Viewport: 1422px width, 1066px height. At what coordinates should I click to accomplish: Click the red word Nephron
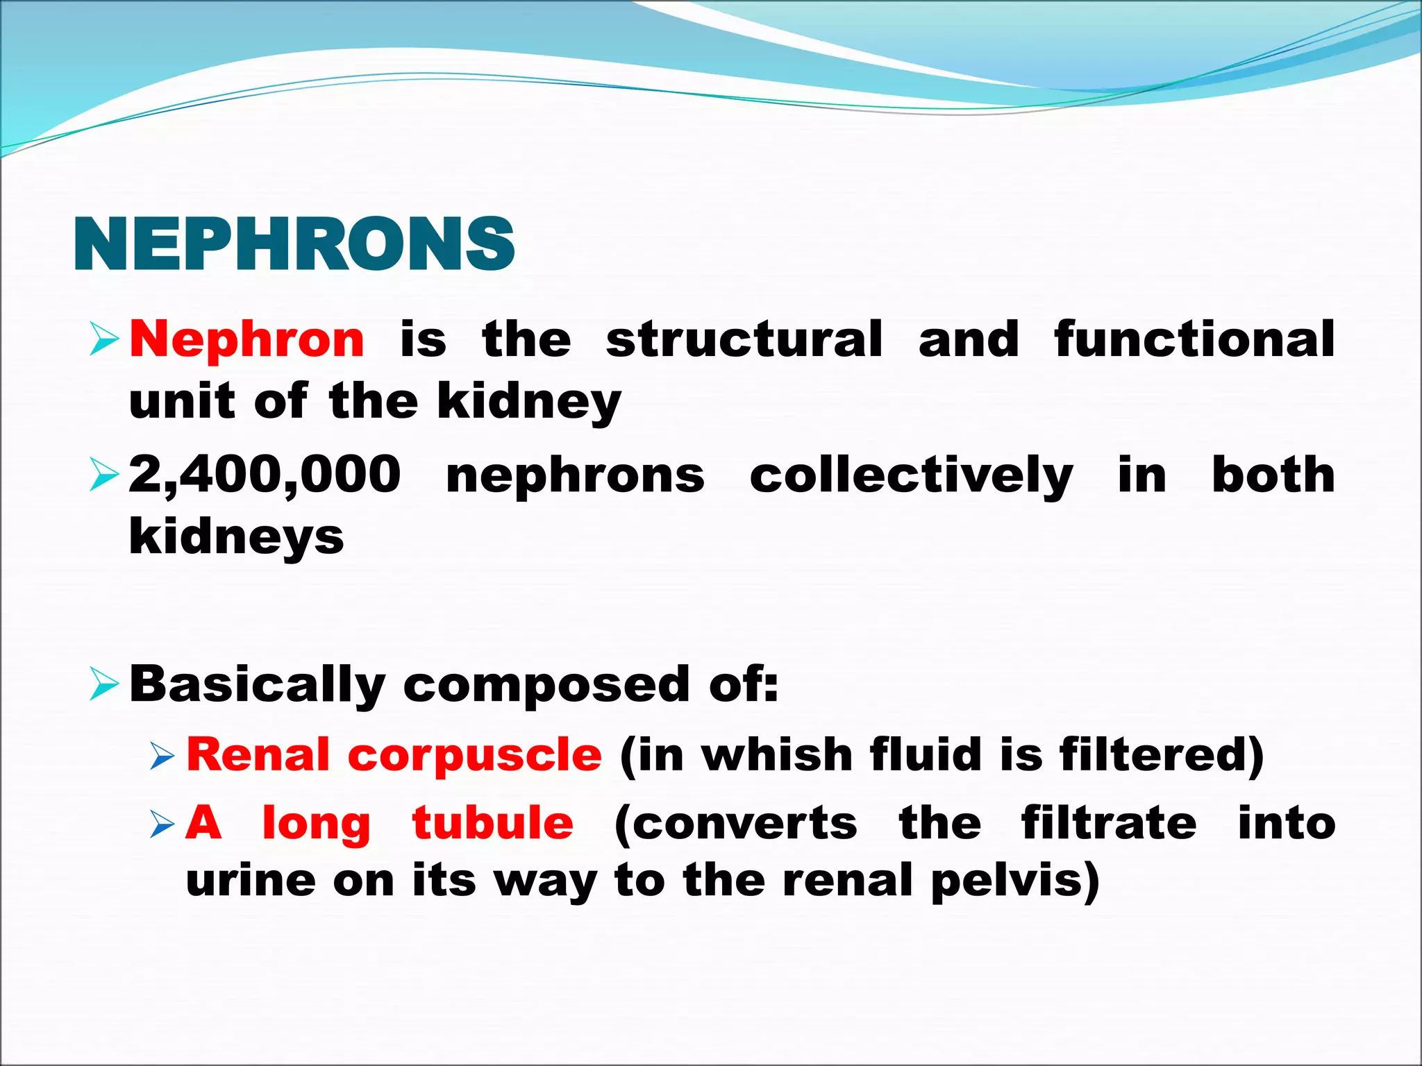coord(247,339)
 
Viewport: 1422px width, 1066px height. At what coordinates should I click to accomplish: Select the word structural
coord(744,339)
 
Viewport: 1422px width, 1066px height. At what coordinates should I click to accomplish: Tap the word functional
coord(1194,339)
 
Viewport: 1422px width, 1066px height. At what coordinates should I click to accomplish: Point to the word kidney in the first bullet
coord(529,402)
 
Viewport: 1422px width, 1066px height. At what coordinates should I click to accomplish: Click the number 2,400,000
coord(265,475)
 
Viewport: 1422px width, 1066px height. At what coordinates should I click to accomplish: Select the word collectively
coord(911,475)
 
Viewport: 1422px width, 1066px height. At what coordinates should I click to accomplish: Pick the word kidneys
coord(237,536)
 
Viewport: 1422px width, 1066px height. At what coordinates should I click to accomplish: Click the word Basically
coord(258,685)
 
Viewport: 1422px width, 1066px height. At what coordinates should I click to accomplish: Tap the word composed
coord(548,685)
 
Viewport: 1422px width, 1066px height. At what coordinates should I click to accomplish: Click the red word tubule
coord(493,823)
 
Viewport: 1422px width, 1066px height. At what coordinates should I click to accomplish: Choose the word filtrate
coord(1109,823)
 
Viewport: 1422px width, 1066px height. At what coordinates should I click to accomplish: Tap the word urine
coord(251,880)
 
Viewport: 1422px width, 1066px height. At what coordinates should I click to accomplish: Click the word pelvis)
coord(1015,880)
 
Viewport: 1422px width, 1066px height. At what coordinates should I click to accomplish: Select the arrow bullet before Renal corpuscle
coord(163,756)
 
